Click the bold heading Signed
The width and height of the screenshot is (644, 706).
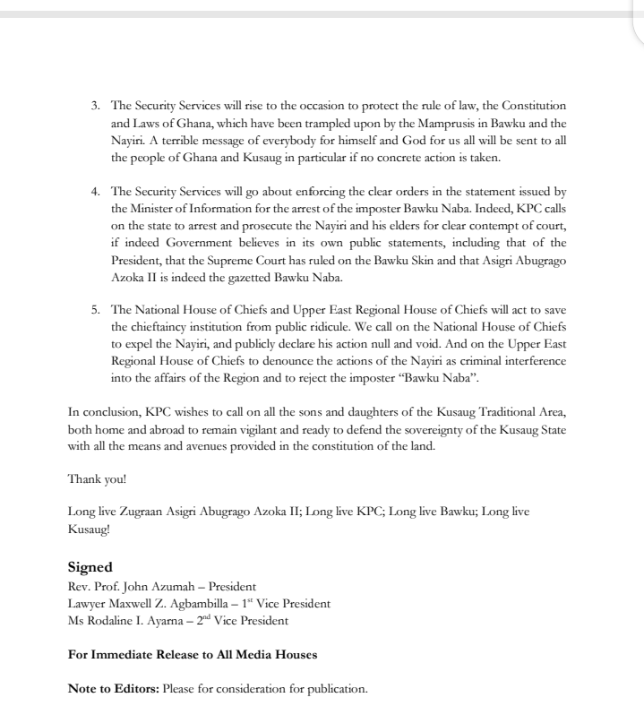tap(90, 567)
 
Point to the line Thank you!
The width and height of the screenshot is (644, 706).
tap(98, 478)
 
